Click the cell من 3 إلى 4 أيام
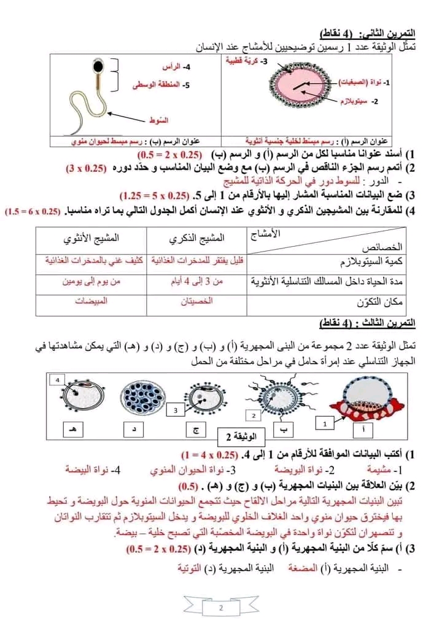(x=196, y=282)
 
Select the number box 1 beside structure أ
(x=325, y=423)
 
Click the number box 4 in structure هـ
(x=58, y=380)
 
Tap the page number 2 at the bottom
(x=221, y=607)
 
